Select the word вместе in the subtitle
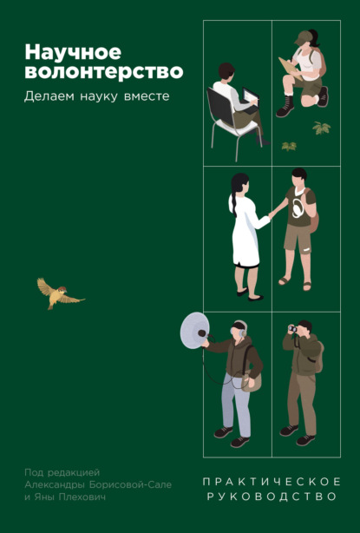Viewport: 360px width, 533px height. (x=144, y=95)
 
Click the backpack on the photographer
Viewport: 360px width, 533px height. (x=318, y=357)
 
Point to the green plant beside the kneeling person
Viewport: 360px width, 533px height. (x=322, y=128)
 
